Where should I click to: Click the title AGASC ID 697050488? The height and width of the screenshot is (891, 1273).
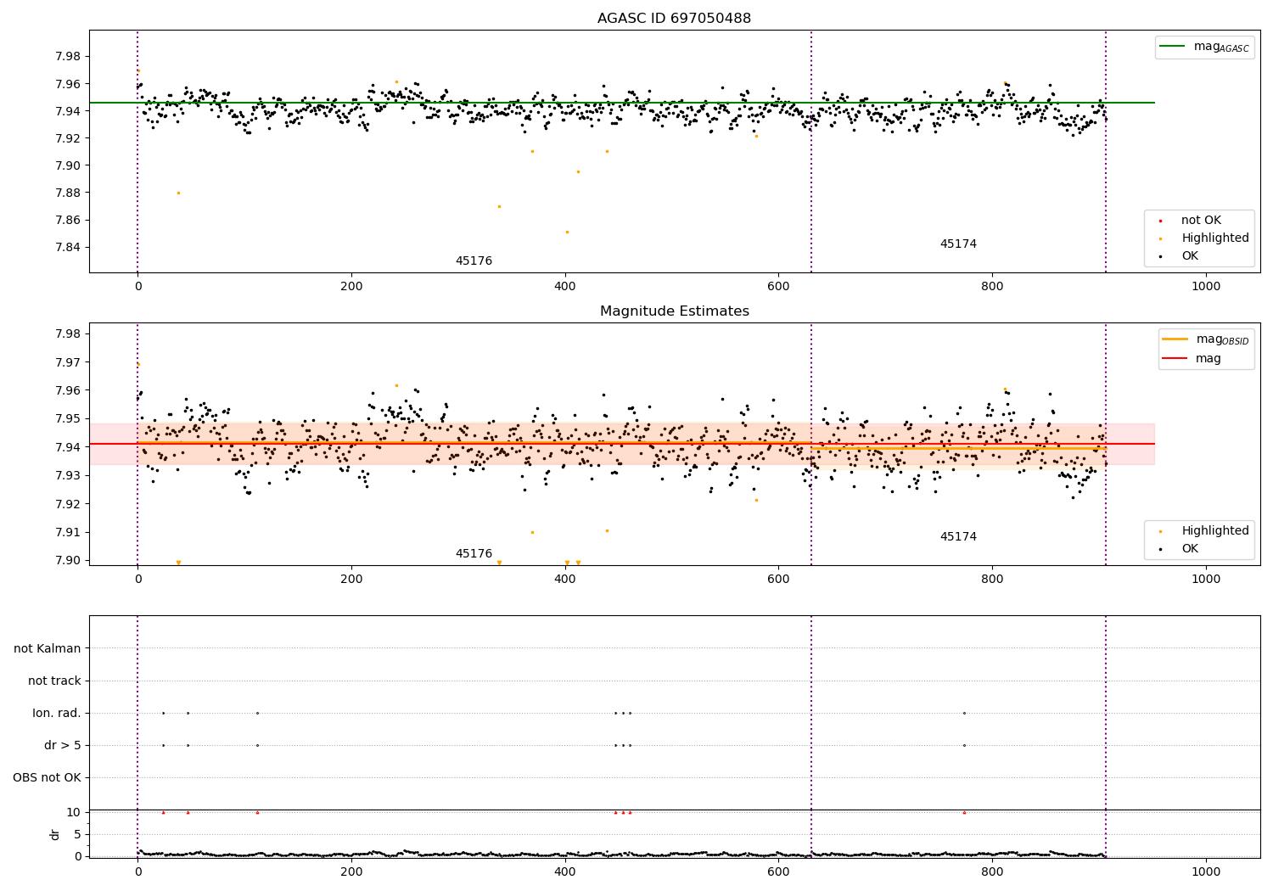point(674,18)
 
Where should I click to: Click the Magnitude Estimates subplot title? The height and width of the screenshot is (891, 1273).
point(675,311)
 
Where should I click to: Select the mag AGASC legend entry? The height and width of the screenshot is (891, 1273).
point(1204,47)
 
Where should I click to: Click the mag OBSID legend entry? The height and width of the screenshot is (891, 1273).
point(1205,339)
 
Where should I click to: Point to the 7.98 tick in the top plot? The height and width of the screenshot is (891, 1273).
point(68,56)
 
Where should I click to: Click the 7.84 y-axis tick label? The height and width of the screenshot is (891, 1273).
point(68,247)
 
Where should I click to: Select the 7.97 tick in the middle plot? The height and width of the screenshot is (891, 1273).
point(68,362)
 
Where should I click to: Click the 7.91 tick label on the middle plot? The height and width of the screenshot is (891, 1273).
point(68,532)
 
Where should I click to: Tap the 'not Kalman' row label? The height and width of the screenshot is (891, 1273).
point(48,648)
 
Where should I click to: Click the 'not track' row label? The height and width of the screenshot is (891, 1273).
point(54,681)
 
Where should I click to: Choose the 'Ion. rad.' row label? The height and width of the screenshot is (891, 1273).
point(56,713)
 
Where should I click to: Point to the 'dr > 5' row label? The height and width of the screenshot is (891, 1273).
point(63,746)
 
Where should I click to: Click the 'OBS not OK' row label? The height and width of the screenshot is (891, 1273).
point(47,777)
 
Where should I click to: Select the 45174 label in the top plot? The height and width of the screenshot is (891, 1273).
point(958,244)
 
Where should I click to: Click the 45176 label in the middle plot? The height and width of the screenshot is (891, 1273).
point(474,553)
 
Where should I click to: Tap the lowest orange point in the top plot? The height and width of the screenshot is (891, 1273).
point(567,232)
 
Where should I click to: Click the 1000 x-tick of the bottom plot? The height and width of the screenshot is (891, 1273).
point(1205,872)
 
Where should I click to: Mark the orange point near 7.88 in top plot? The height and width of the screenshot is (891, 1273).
point(178,193)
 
